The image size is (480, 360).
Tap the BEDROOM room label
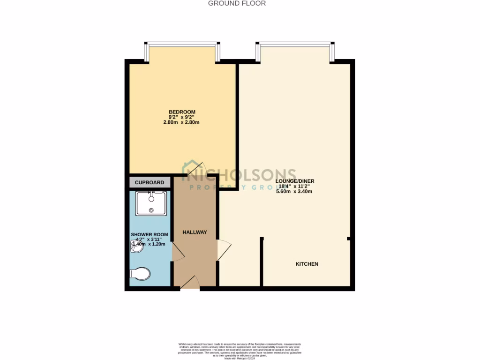tap(182, 112)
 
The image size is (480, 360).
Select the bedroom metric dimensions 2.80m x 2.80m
tap(182, 123)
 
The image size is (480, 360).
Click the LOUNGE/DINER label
tap(295, 181)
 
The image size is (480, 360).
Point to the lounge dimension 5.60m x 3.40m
tap(295, 191)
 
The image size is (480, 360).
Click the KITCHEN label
tap(307, 264)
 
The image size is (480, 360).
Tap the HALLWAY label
tap(195, 232)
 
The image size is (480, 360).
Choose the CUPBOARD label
tap(150, 182)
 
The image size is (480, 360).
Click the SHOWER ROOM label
tap(149, 234)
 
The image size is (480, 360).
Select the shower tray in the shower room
tap(151, 203)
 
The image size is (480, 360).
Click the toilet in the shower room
tap(141, 274)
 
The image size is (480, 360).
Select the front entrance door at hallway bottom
tap(190, 282)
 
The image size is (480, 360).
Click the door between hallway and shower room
tap(178, 252)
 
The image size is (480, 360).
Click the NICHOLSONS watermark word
tap(244, 175)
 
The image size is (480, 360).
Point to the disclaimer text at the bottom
tap(240, 351)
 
